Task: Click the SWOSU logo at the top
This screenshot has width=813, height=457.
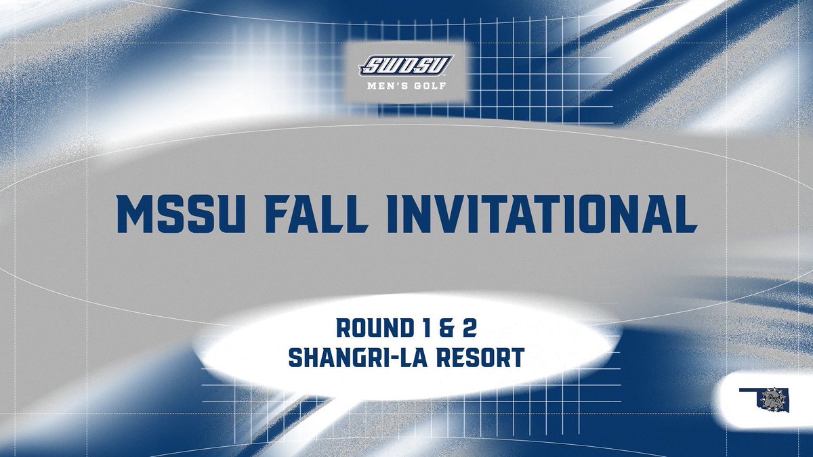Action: pos(406,65)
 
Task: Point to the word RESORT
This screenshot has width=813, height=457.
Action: pos(485,357)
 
